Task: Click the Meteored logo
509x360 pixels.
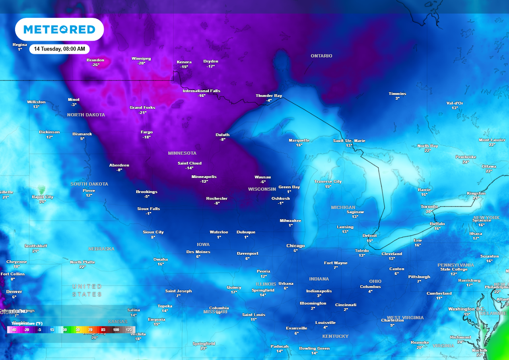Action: pos(59,29)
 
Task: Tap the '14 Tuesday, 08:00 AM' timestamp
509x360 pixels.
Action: pos(59,49)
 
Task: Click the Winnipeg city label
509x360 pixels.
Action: pos(141,59)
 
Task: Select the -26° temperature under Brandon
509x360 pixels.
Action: pos(95,65)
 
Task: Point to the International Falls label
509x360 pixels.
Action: pos(201,91)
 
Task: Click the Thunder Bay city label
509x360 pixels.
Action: pos(269,96)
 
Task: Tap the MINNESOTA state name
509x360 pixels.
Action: pos(182,153)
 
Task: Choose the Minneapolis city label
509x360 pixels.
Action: pos(204,177)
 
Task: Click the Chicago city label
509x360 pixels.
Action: pos(295,246)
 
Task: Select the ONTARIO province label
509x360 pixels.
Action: pos(321,56)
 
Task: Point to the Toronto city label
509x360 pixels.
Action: pos(429,207)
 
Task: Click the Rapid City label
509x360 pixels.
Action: pos(43,197)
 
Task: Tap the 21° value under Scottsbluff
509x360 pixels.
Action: pos(36,251)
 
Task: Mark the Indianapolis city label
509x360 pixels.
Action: pos(319,291)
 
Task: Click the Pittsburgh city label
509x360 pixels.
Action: pos(419,277)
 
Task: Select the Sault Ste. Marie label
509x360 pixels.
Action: pos(349,141)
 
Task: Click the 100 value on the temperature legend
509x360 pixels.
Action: pos(116,330)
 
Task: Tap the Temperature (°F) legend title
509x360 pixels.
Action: pos(27,324)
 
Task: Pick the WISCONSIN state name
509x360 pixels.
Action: pos(262,189)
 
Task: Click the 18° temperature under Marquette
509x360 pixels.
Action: pos(299,145)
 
